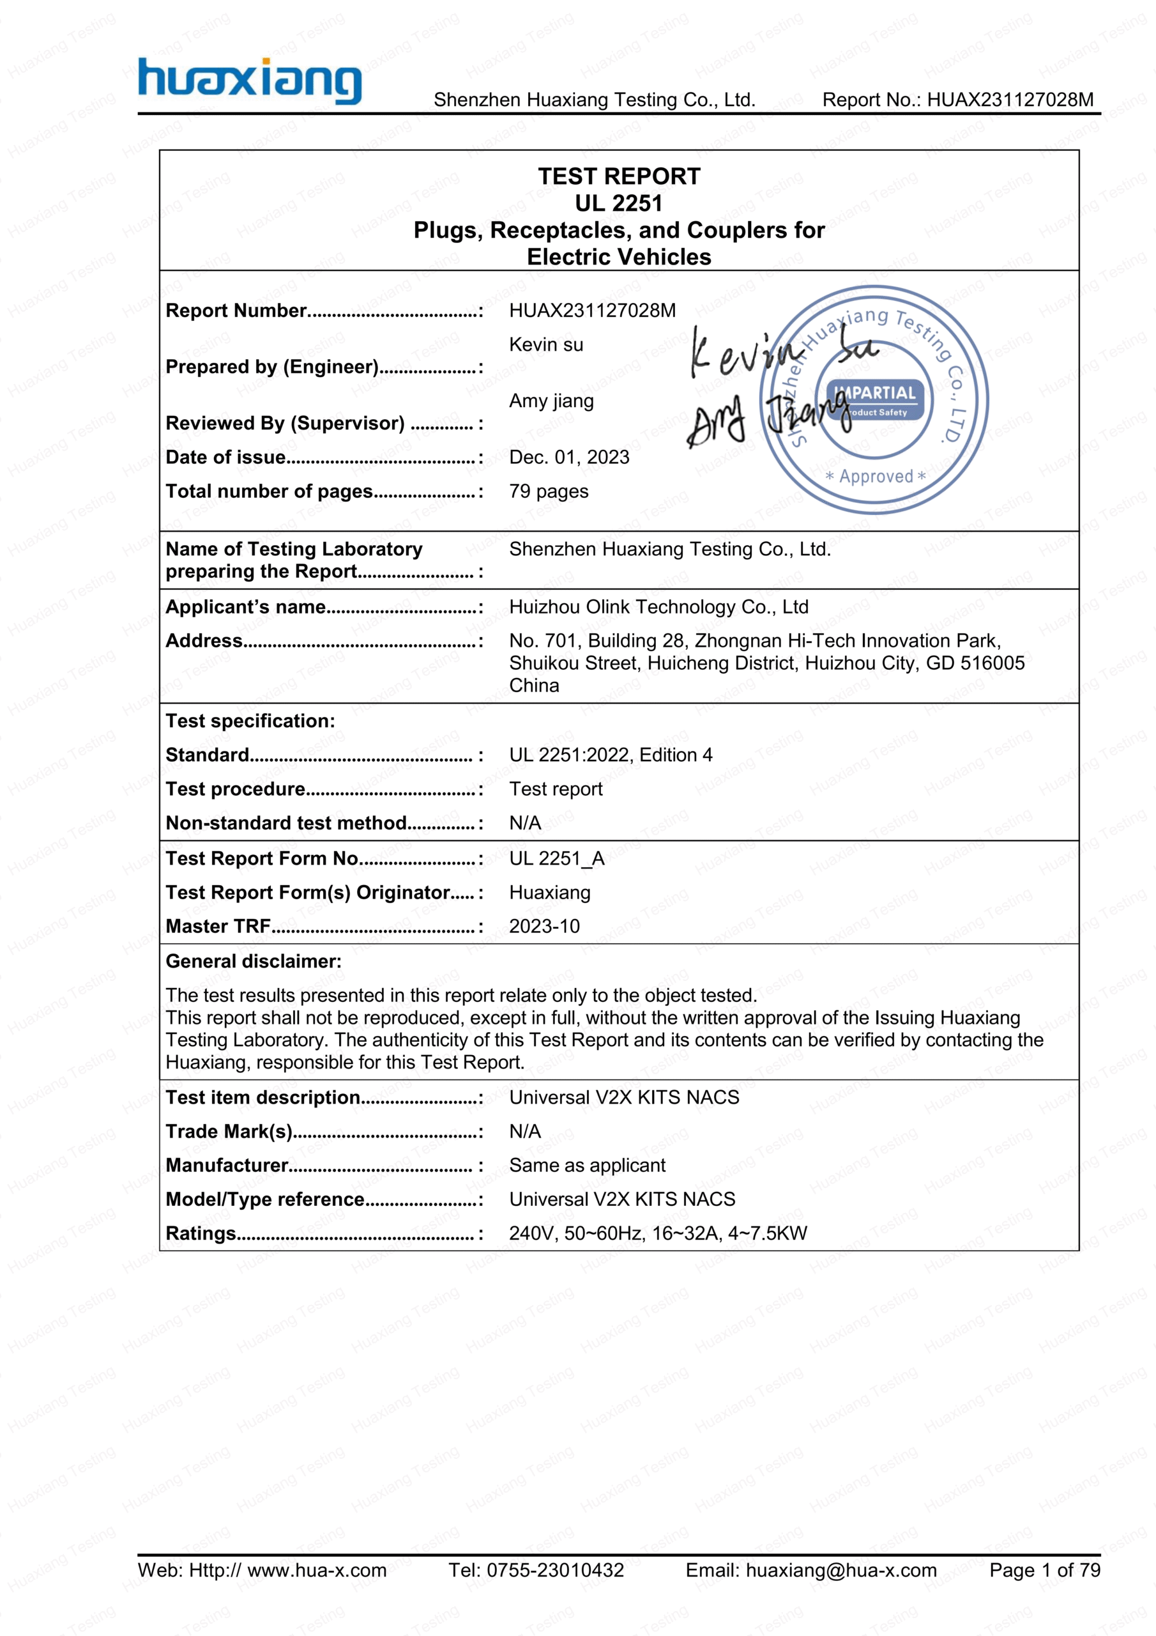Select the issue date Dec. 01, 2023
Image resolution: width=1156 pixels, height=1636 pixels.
(569, 458)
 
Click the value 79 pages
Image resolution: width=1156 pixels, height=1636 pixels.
(549, 491)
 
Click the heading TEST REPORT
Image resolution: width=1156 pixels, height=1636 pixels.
(618, 176)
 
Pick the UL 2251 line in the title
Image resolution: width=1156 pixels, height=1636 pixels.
(618, 203)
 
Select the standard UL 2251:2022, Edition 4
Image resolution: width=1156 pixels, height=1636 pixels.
(611, 755)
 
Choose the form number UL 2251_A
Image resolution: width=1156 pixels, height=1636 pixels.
(556, 859)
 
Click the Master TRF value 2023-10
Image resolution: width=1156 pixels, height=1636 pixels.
(544, 926)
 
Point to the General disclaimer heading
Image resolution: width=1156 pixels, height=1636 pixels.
(254, 961)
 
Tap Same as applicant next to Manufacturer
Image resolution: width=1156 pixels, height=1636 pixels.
(587, 1166)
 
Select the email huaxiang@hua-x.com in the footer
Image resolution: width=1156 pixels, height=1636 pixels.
(840, 1570)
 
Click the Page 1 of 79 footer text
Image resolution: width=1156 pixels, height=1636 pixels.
(1044, 1570)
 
